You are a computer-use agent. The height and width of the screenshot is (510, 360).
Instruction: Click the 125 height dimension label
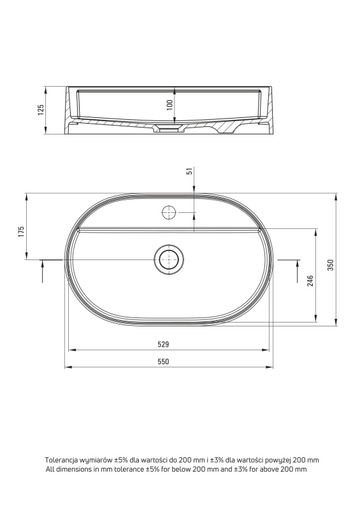[x=41, y=110]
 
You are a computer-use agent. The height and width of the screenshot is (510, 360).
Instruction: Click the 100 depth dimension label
[x=169, y=105]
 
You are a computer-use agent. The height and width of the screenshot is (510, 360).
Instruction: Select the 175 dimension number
[x=21, y=232]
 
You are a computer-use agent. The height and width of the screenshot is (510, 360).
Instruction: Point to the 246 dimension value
[x=311, y=280]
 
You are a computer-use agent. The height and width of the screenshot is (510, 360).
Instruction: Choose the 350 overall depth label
[x=331, y=265]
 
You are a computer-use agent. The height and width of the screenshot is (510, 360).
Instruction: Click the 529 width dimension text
[x=163, y=344]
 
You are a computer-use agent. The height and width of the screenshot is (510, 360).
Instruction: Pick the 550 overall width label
[x=163, y=361]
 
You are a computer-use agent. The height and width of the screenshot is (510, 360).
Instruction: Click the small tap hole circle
[x=169, y=212]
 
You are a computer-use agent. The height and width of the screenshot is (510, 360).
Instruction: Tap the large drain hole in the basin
[x=169, y=259]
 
